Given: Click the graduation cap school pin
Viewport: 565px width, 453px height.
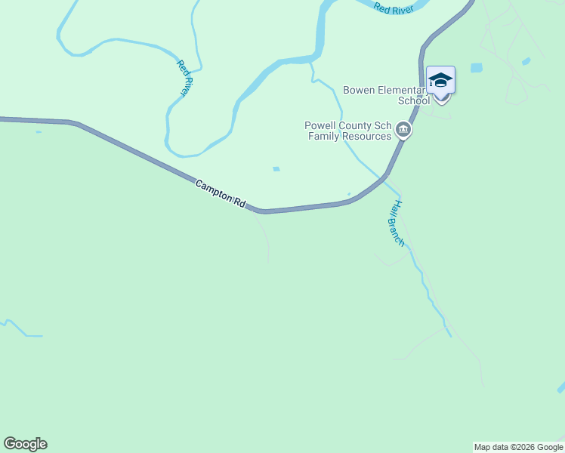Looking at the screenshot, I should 440,81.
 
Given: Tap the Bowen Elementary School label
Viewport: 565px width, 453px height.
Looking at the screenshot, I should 386,95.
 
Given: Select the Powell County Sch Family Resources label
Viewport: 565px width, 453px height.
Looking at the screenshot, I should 348,131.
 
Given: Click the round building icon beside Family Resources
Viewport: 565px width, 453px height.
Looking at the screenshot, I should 403,131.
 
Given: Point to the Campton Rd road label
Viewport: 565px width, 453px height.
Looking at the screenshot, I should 221,194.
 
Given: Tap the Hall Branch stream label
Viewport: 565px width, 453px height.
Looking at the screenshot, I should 397,223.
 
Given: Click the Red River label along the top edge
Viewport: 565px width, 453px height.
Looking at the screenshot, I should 392,8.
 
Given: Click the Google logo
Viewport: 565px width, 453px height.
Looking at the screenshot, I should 26,444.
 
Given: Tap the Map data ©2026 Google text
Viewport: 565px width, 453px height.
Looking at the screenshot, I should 518,447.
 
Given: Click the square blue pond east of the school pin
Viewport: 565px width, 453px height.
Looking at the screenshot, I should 476,68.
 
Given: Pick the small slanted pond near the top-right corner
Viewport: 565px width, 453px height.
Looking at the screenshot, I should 526,61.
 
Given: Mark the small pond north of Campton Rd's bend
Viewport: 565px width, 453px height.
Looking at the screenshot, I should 276,169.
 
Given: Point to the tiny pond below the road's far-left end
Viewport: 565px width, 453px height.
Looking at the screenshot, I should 38,132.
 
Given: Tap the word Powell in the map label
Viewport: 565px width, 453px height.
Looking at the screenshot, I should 320,126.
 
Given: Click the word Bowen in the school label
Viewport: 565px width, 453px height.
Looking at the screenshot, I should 359,90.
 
